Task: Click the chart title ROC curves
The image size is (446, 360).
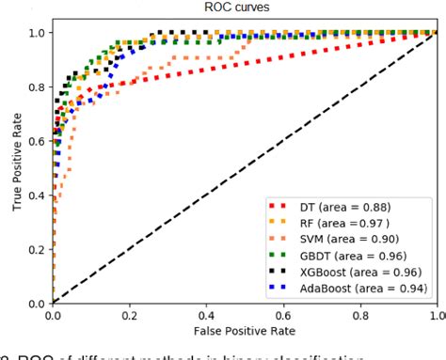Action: pos(244,8)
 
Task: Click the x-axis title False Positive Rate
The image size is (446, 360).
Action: pos(245,331)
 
